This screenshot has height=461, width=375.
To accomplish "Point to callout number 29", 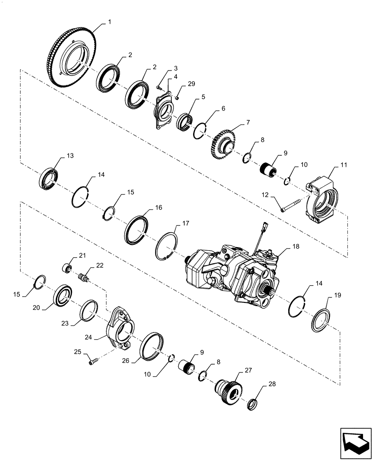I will (x=191, y=83).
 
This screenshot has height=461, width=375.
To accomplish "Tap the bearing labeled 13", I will (x=48, y=178).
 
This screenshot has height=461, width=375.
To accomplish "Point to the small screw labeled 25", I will (x=91, y=363).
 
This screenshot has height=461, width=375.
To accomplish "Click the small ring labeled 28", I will (x=253, y=405).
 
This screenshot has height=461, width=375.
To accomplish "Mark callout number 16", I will (x=158, y=208).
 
